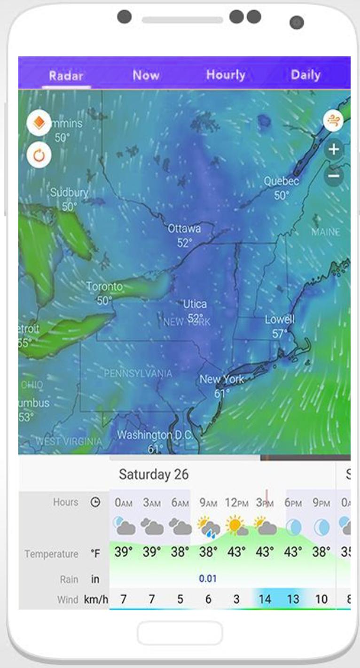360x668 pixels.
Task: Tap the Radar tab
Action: click(66, 76)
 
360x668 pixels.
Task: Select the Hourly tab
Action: click(226, 75)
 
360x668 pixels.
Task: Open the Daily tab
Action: click(305, 75)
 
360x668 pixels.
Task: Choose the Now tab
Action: click(146, 75)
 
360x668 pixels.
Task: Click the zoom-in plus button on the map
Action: click(334, 150)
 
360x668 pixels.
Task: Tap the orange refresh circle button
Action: click(39, 155)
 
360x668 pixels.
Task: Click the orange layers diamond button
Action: click(39, 124)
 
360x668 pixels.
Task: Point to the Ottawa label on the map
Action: click(184, 229)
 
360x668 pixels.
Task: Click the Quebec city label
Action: click(281, 181)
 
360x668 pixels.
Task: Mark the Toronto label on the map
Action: click(104, 287)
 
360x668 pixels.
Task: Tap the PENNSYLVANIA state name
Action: click(138, 373)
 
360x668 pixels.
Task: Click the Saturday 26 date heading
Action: click(153, 474)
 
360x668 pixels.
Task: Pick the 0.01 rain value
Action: click(208, 579)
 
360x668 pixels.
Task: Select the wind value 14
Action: click(265, 599)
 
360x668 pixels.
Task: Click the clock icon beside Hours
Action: click(95, 502)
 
